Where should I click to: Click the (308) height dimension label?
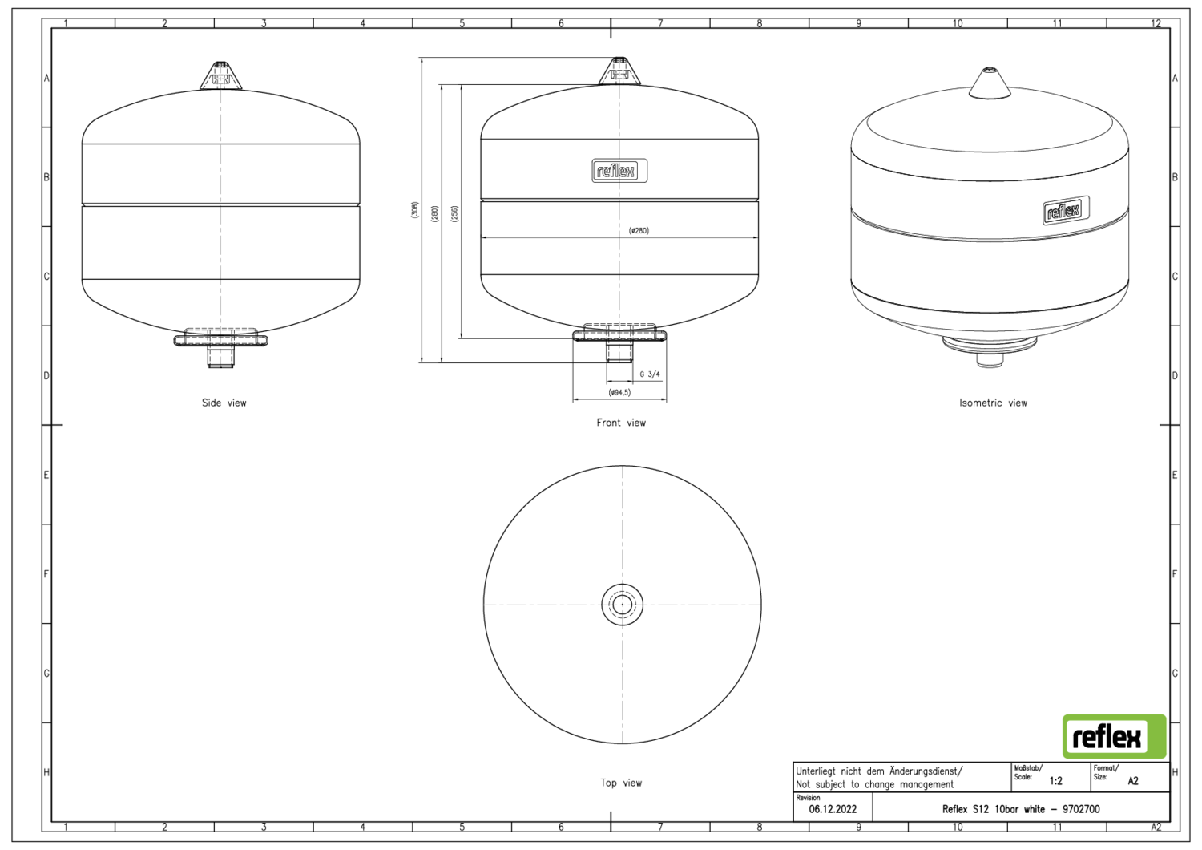point(415,210)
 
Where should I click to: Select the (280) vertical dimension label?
point(434,214)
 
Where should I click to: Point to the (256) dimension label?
point(454,214)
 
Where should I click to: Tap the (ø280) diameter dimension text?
point(639,230)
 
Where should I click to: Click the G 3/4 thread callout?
point(650,374)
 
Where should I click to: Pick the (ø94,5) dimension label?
point(619,392)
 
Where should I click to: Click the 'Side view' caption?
point(224,403)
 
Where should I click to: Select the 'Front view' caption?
point(621,423)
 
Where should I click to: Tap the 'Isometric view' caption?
point(993,403)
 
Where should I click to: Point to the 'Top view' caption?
point(621,783)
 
